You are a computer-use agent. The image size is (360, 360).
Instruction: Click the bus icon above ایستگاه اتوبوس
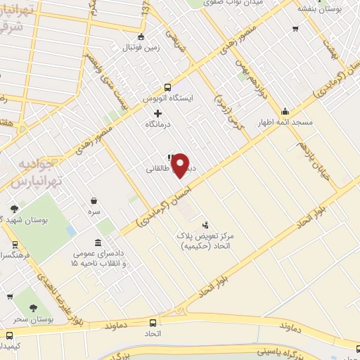(x=167, y=88)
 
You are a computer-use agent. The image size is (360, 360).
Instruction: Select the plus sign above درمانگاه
(x=157, y=112)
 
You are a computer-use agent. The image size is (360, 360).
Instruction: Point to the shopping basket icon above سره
(x=94, y=200)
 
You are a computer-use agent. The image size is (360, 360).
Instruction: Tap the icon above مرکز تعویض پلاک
(x=205, y=225)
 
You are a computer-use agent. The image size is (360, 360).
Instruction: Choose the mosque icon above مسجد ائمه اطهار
(x=285, y=111)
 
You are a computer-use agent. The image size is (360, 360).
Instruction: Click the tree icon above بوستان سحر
(x=32, y=307)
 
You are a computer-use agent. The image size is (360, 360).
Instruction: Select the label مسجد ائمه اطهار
(x=284, y=123)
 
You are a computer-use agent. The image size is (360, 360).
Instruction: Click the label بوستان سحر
(x=32, y=320)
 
